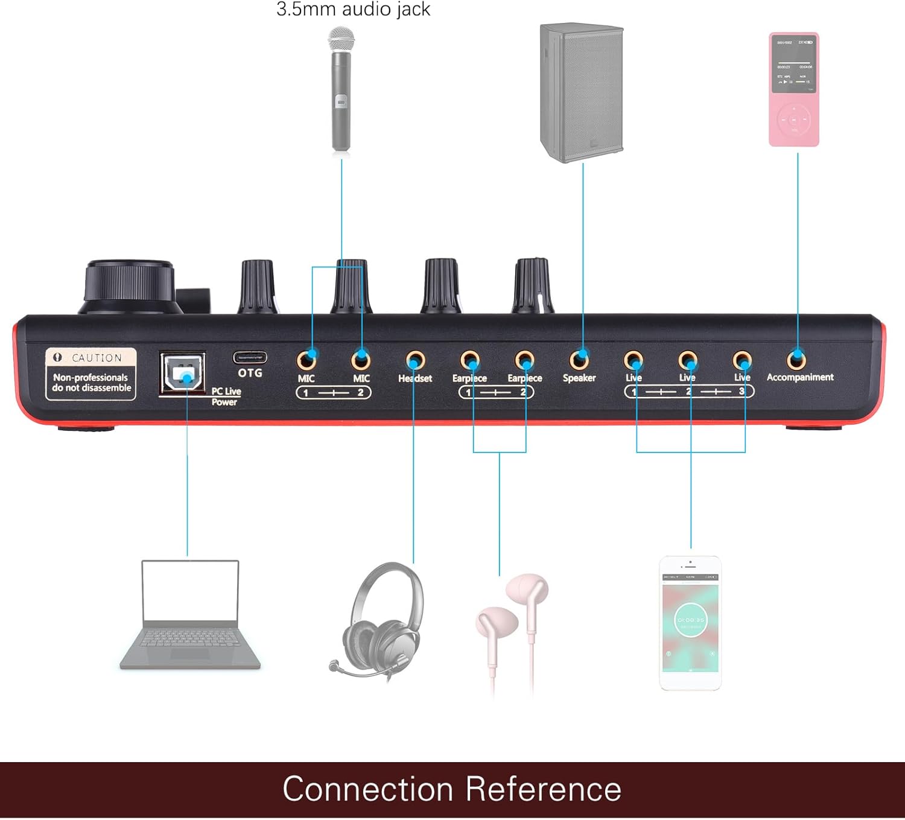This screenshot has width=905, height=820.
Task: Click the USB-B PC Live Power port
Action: (x=182, y=373)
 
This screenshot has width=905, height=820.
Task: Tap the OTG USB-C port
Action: (x=250, y=357)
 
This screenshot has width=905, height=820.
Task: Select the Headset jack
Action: (x=414, y=360)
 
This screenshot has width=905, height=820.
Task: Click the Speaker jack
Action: (x=579, y=360)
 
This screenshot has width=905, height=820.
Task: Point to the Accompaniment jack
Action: (x=796, y=360)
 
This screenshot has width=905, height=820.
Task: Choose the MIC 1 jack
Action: (x=306, y=360)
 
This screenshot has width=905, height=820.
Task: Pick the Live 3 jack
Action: (x=742, y=360)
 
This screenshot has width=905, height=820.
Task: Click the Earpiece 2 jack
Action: (x=524, y=360)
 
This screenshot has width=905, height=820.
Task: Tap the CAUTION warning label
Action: (x=91, y=374)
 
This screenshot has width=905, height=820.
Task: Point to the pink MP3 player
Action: (x=794, y=89)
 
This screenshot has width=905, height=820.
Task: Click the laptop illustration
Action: (x=190, y=615)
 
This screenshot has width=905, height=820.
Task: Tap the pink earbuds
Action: (x=513, y=628)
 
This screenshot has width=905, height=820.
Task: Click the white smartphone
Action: (x=690, y=623)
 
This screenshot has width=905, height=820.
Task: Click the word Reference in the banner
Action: (x=543, y=789)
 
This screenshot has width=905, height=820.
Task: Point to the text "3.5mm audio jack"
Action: (x=353, y=9)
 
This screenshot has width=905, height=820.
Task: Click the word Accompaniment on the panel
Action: (x=800, y=377)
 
